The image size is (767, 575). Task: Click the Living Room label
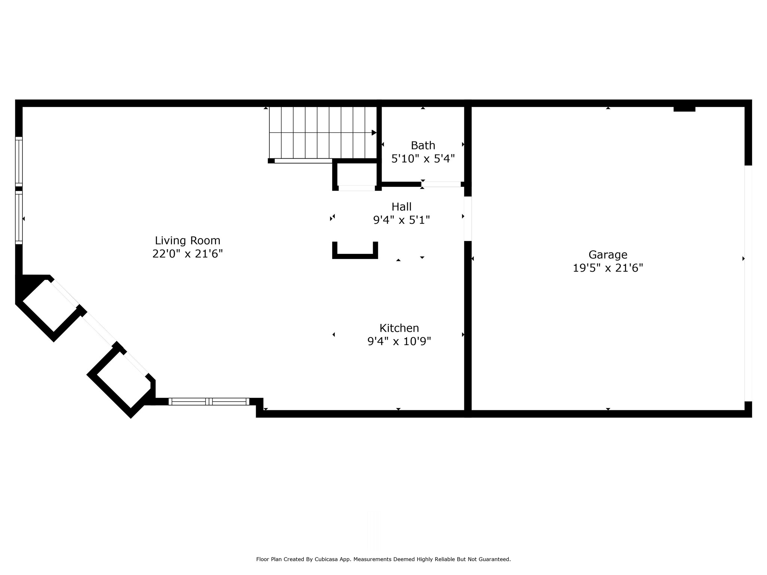[x=188, y=240]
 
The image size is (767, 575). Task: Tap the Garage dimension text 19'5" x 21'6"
[x=608, y=268]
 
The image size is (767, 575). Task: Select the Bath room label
[x=423, y=145]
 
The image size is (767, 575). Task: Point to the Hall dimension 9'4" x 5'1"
[x=401, y=220]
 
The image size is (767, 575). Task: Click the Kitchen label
[x=399, y=328]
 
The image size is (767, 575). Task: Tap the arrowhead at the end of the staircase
[x=374, y=133]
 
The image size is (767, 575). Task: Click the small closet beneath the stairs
[x=357, y=174]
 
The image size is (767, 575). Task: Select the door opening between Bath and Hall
[x=441, y=184]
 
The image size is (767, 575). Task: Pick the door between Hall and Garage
[x=468, y=219]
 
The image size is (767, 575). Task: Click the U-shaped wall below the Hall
[x=355, y=256]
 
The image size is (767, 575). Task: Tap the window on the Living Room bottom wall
[x=209, y=402]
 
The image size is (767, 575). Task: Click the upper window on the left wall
[x=19, y=162]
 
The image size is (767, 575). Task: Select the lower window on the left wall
[x=19, y=218]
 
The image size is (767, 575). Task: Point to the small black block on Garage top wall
[x=684, y=109]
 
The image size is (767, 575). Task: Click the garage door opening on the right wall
[x=748, y=283]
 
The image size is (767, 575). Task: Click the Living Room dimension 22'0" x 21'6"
[x=188, y=254]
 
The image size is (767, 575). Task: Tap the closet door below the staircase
[x=357, y=188]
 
